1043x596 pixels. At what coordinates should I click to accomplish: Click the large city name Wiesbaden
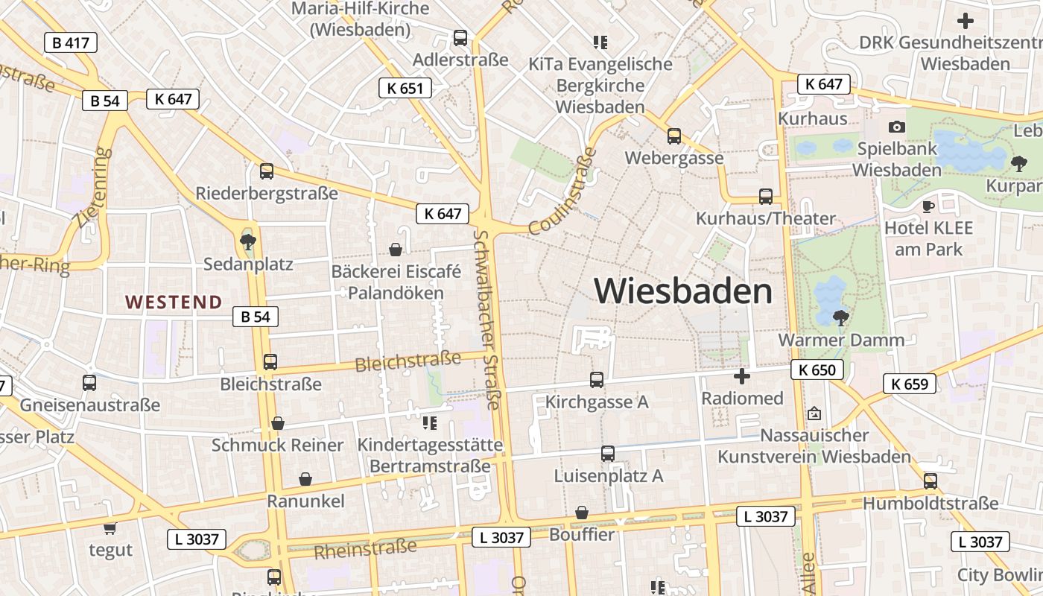tap(683, 291)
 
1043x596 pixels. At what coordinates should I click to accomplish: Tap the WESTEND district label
tap(174, 302)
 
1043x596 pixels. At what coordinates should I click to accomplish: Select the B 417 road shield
tap(71, 42)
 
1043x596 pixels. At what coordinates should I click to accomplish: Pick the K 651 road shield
tap(405, 88)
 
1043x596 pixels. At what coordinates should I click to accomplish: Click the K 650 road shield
tap(817, 370)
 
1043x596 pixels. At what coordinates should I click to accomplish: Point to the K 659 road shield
tap(910, 384)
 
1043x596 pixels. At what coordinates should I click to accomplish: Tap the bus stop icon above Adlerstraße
tap(460, 37)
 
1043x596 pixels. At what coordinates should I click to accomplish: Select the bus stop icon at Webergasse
tap(674, 136)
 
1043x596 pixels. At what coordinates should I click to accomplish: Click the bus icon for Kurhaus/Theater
tap(766, 197)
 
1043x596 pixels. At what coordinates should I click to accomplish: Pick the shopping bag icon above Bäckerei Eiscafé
tap(396, 249)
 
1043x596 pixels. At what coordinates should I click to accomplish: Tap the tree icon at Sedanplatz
tap(248, 241)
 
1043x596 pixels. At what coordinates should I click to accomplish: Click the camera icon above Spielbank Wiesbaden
tap(897, 127)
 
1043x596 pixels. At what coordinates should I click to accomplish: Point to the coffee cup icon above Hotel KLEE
tap(928, 206)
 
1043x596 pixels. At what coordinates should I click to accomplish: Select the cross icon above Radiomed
tap(742, 376)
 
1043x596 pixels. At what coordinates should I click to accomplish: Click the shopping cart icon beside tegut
tap(110, 528)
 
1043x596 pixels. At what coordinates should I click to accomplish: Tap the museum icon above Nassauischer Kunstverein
tap(814, 413)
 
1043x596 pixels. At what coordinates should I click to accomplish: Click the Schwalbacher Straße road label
tap(487, 319)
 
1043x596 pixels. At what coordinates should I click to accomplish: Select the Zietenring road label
tap(93, 187)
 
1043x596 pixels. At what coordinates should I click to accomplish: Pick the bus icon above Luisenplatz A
tap(608, 453)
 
